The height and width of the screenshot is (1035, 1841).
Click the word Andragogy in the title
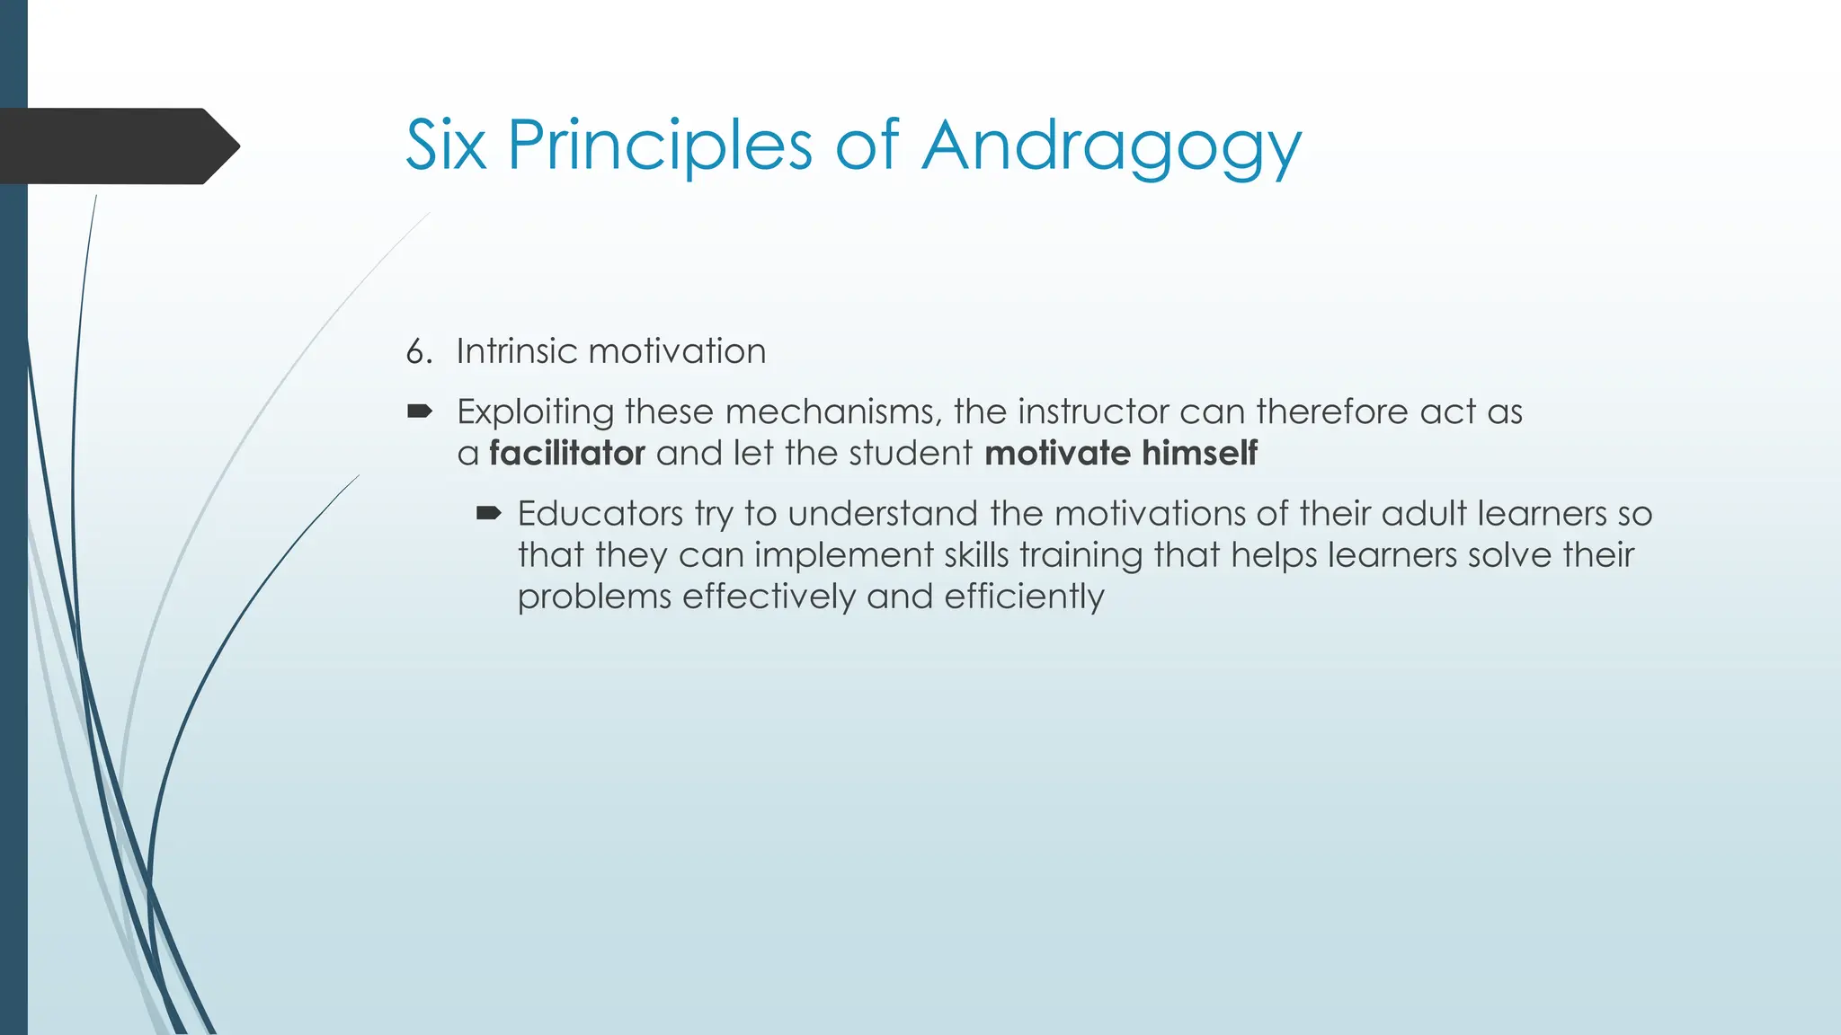1111,146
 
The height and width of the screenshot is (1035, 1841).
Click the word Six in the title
446,146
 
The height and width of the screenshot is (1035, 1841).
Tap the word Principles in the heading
660,146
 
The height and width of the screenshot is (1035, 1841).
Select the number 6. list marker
419,351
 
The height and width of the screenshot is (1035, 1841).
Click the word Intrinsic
516,351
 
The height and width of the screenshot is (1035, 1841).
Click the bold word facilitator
566,453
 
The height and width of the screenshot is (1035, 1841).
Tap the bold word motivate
1057,453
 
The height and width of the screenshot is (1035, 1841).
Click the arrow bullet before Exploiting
419,411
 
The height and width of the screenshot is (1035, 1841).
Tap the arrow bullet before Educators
488,514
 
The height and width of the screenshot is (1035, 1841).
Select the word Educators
600,514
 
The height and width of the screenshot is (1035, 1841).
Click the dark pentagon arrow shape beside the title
117,146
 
